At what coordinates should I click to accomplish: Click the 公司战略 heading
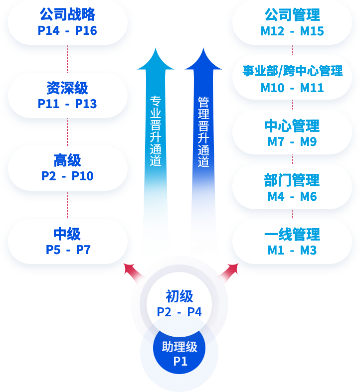(x=67, y=14)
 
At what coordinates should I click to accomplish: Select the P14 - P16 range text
(x=67, y=31)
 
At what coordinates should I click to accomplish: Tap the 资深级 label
(x=67, y=88)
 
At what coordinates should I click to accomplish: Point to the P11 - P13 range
(x=67, y=104)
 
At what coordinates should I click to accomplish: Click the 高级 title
(x=67, y=160)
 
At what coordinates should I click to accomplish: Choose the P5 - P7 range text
(x=68, y=250)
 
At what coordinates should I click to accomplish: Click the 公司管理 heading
(x=292, y=14)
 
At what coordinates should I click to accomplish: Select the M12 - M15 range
(x=292, y=31)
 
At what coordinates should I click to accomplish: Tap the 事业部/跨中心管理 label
(x=292, y=71)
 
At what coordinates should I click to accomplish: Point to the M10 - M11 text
(x=292, y=88)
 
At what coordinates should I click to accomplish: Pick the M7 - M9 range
(x=292, y=142)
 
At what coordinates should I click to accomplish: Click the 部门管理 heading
(x=292, y=180)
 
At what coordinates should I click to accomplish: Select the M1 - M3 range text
(x=292, y=251)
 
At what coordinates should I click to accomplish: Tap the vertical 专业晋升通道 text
(x=156, y=131)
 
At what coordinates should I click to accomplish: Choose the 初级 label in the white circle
(x=180, y=296)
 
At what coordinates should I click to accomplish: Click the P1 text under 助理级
(x=180, y=362)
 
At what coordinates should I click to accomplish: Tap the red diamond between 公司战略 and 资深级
(x=67, y=63)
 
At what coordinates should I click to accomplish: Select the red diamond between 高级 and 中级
(x=67, y=209)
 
